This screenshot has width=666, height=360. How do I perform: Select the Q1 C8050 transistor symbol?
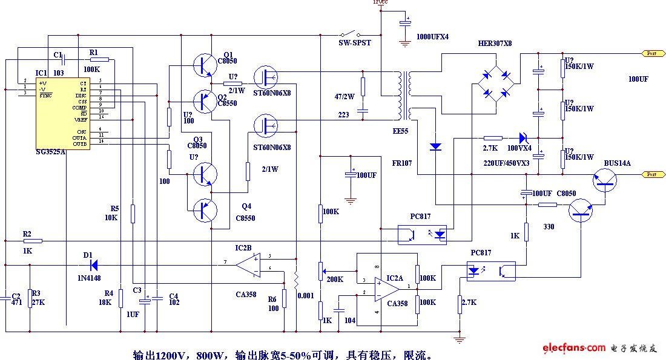[x=204, y=65]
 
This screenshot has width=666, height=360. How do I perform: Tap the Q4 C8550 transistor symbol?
[x=205, y=210]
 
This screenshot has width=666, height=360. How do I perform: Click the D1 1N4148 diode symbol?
[x=92, y=264]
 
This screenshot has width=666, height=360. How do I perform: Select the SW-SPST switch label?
[x=354, y=44]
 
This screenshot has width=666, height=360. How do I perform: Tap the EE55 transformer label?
[x=400, y=131]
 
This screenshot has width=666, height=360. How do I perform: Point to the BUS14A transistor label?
[x=617, y=163]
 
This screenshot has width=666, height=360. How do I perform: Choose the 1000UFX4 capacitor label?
[x=432, y=37]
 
